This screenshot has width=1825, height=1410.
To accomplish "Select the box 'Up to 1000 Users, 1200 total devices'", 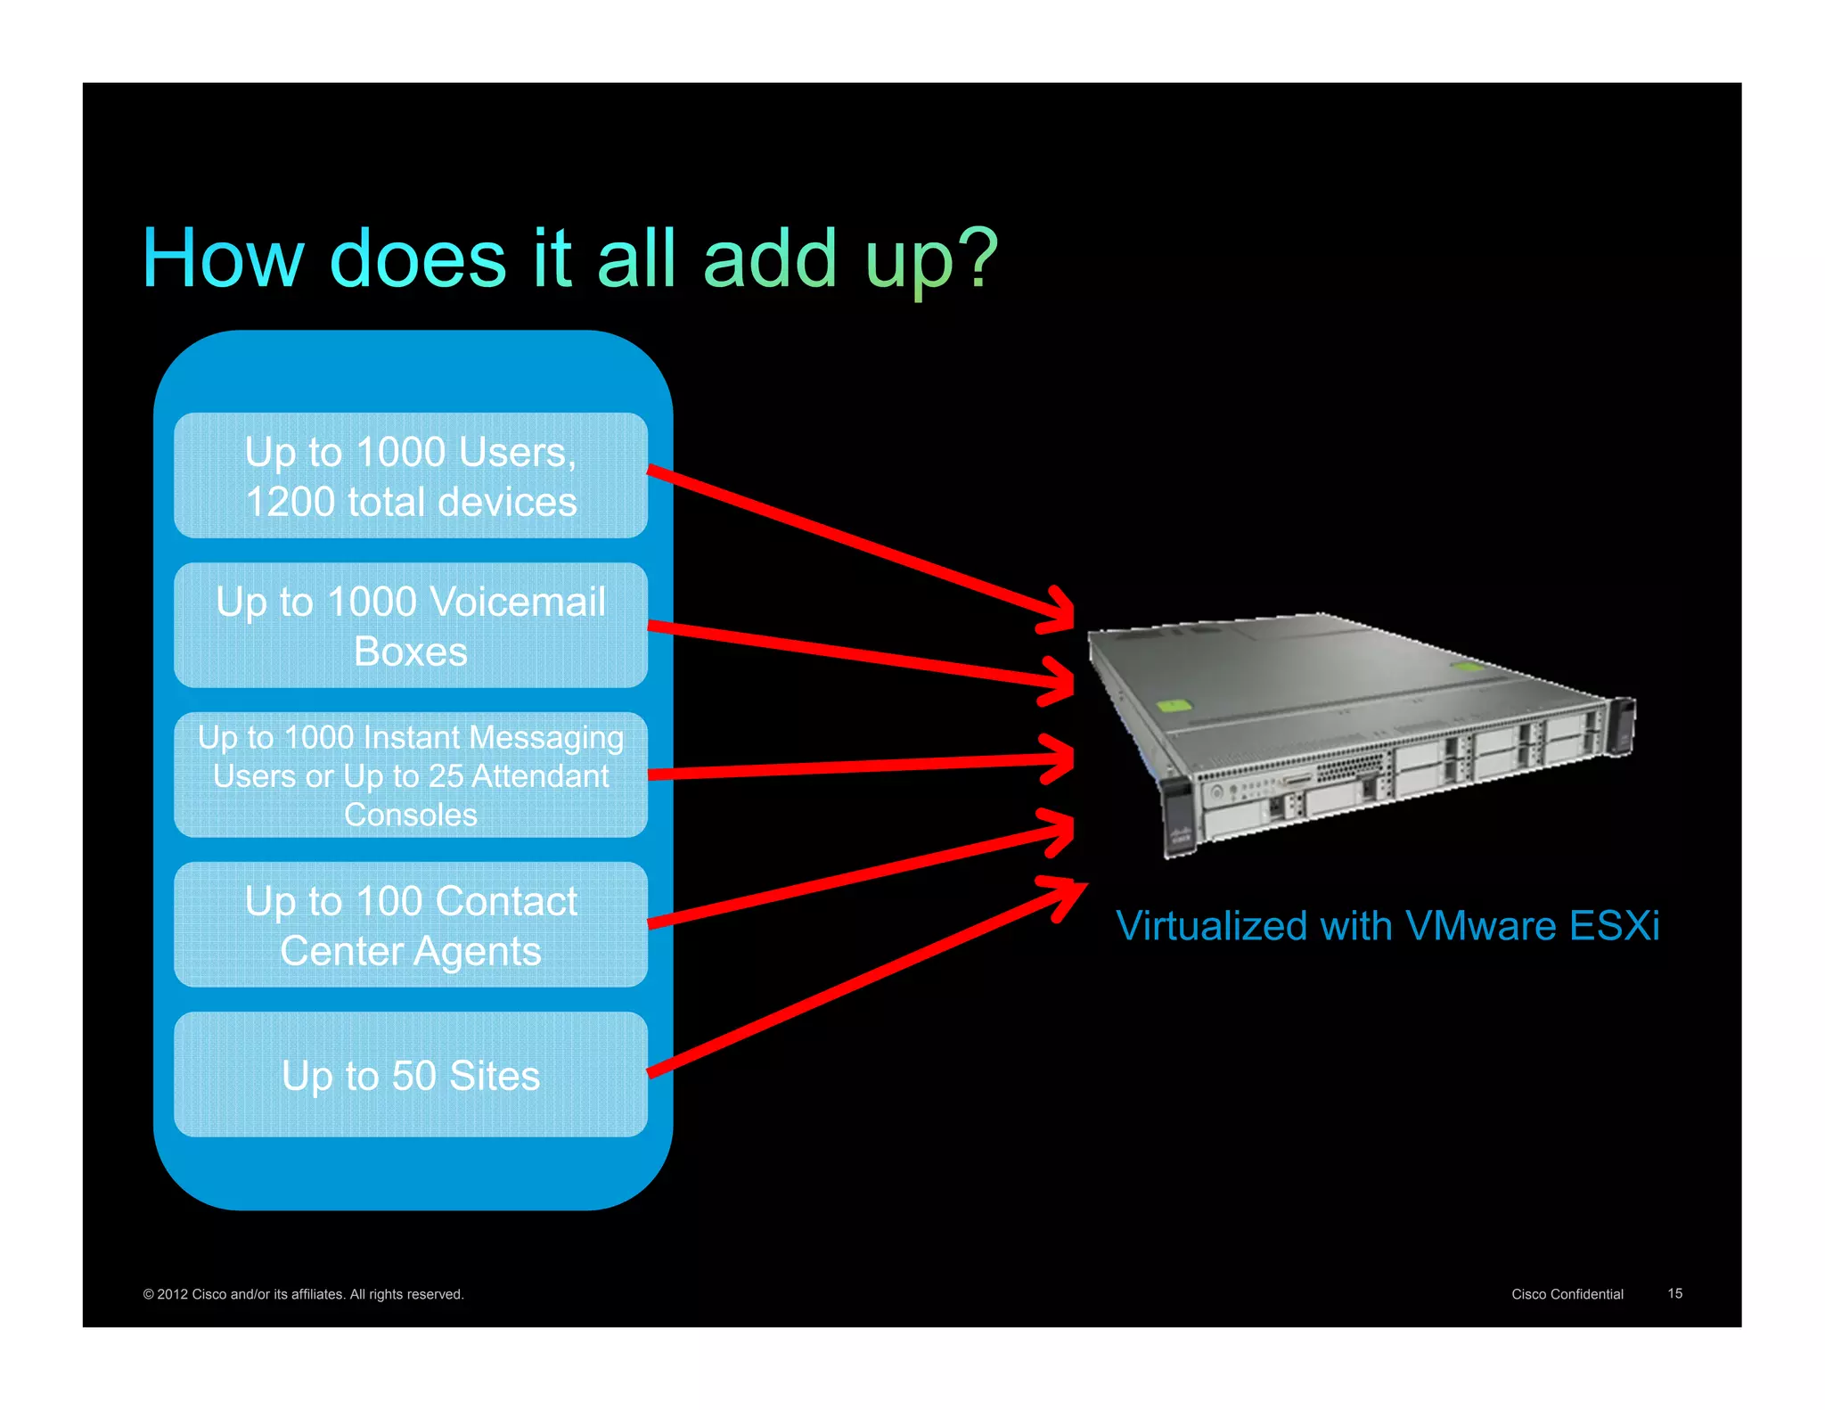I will pyautogui.click(x=411, y=476).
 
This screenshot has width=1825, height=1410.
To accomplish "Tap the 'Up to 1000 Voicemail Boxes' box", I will pyautogui.click(x=411, y=626).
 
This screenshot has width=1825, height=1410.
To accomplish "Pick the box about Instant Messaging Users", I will pyautogui.click(x=411, y=775).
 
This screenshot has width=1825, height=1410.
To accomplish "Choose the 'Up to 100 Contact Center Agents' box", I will pyautogui.click(x=411, y=925).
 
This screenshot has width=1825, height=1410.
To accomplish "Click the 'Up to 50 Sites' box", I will pyautogui.click(x=411, y=1075).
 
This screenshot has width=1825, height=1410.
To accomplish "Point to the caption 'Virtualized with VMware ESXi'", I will pyautogui.click(x=1387, y=926).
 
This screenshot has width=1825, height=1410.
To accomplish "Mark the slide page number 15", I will pyautogui.click(x=1674, y=1293).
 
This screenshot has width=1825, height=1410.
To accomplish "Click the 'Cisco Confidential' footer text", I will pyautogui.click(x=1567, y=1294).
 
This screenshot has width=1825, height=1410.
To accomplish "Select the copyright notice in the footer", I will pyautogui.click(x=303, y=1294).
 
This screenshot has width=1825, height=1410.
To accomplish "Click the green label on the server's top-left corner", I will pyautogui.click(x=1174, y=706).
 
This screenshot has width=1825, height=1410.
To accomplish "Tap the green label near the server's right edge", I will pyautogui.click(x=1467, y=667).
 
